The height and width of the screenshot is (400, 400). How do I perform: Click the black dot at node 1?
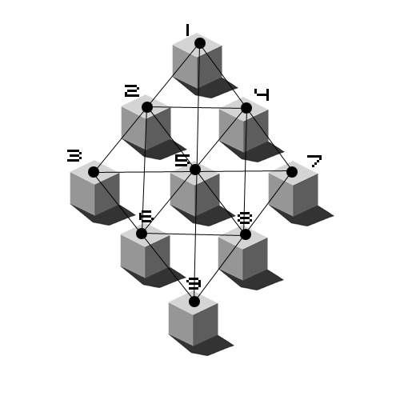200,43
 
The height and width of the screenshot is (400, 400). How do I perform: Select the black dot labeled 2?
147,107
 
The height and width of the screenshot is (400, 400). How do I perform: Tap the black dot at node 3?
94,172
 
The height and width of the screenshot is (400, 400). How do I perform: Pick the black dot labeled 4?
246,108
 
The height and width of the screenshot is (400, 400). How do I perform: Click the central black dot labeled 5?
195,170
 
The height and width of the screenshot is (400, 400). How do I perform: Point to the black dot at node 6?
142,234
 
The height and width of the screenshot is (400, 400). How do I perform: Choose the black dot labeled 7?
292,172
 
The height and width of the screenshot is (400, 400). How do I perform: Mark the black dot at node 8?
246,234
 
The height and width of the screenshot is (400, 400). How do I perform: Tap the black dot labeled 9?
194,302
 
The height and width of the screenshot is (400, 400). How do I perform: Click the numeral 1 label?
187,30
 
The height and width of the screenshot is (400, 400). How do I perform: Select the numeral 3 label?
74,155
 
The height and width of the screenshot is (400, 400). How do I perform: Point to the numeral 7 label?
314,162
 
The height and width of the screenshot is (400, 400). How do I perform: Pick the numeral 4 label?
262,94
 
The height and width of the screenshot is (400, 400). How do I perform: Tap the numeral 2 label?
132,90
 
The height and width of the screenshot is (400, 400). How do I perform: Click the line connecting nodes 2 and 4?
197,108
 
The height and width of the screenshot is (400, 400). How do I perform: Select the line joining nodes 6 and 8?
194,234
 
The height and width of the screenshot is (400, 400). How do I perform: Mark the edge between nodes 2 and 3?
120,140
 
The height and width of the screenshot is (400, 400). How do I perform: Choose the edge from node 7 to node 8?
269,203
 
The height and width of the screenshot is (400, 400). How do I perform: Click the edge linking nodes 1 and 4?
223,75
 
